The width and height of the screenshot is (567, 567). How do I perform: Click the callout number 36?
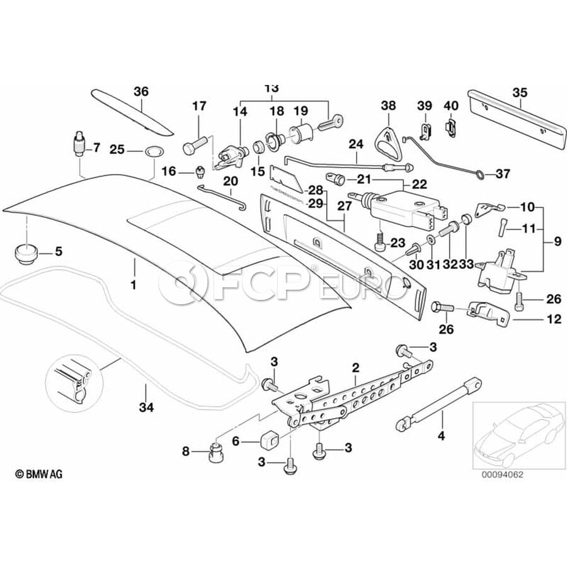140,91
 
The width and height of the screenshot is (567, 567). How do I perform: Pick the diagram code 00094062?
503,476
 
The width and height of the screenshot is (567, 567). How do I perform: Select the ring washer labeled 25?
152,151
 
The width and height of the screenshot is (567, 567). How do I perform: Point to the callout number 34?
146,408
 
